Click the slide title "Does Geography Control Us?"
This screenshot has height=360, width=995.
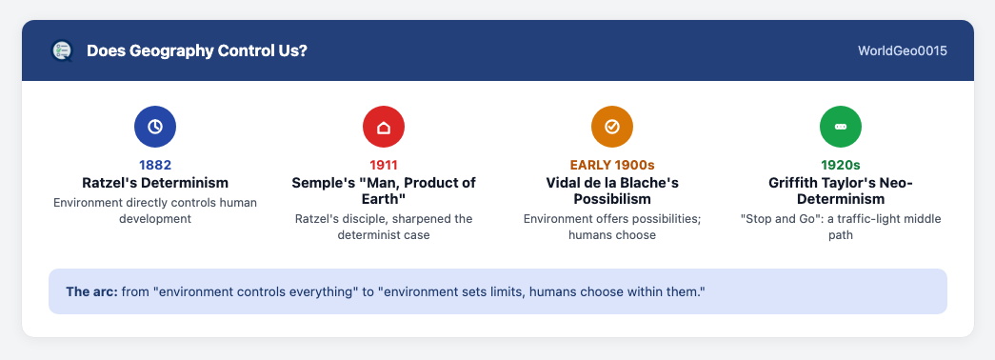197,50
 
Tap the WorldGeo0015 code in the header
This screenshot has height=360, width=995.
903,50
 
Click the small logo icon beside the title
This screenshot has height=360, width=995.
62,50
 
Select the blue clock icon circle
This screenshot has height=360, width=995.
155,127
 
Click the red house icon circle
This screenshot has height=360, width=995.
384,127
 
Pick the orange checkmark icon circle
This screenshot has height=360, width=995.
611,127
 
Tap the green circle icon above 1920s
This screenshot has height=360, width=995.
840,127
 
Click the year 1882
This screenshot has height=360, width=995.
155,165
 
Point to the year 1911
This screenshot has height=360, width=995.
384,165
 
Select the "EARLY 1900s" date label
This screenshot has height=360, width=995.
611,165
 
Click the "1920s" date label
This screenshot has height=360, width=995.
840,165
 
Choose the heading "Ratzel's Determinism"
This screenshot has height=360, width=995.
155,183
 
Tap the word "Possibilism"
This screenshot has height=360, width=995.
611,199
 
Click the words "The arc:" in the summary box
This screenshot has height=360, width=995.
92,292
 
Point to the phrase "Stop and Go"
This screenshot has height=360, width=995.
774,219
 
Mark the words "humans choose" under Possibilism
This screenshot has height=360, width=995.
611,235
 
